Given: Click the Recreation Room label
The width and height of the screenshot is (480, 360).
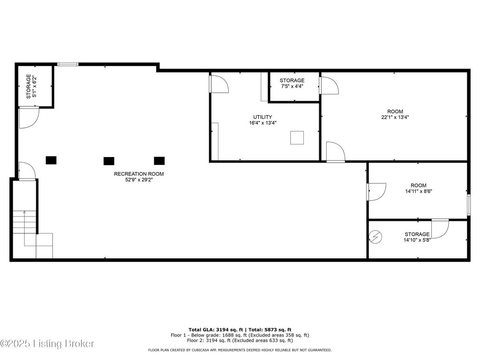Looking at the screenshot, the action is pos(139,174).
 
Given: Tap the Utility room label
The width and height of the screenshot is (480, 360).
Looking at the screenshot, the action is pos(262,117).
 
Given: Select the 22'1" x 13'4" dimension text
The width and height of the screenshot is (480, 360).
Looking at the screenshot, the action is pos(395,117).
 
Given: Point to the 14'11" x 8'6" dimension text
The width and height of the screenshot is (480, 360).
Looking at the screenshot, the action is pos(419,191).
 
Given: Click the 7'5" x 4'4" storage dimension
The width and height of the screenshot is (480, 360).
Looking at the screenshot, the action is pos(292,86).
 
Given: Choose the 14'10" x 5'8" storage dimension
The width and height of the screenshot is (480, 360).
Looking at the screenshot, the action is pos(417,240).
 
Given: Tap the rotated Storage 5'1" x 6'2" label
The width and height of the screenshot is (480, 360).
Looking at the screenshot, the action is pos(31,86).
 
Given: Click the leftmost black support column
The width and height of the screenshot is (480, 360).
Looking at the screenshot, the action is pos(51,160).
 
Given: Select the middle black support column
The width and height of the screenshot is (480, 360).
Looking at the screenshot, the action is pos(109,161).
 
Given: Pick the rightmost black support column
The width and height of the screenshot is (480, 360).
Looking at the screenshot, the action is pos(159,161).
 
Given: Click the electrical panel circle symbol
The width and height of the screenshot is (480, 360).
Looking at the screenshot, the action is pos(375,237).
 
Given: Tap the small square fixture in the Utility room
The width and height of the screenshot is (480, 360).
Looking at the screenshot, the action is pos(297,137).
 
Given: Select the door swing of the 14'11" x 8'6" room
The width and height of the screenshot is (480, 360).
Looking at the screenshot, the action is pos(376,192).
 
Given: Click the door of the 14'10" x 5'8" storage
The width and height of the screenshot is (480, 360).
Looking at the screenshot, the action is pos(440,228).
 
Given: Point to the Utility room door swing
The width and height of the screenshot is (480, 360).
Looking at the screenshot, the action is pos(219,84).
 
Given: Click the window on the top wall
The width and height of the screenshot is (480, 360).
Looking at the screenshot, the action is pos(68,64).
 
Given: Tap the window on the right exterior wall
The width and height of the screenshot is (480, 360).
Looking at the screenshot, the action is pos(469,204).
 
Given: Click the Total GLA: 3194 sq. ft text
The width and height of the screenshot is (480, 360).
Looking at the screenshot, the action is pos(216,330).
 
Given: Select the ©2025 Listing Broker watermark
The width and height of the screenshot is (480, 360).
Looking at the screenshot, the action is pos(47,344).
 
